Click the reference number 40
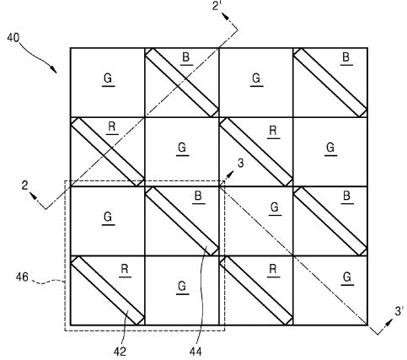point(13,37)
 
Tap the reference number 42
point(120,352)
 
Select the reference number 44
point(195,352)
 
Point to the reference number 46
point(22,277)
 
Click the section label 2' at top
point(217,6)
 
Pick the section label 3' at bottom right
point(399,311)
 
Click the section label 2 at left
point(25,185)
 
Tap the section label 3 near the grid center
point(241,164)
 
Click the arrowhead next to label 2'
point(226,16)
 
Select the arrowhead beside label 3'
point(389,322)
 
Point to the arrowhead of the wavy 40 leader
point(54,70)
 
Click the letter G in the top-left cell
point(108,78)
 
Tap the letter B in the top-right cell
point(346,57)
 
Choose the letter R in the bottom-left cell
point(125,269)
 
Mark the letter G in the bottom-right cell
point(347,277)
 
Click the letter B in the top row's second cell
point(186,57)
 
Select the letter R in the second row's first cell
point(112,126)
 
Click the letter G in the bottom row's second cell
point(182,287)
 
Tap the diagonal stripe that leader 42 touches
point(108,291)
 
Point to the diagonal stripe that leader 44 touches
point(182,221)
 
